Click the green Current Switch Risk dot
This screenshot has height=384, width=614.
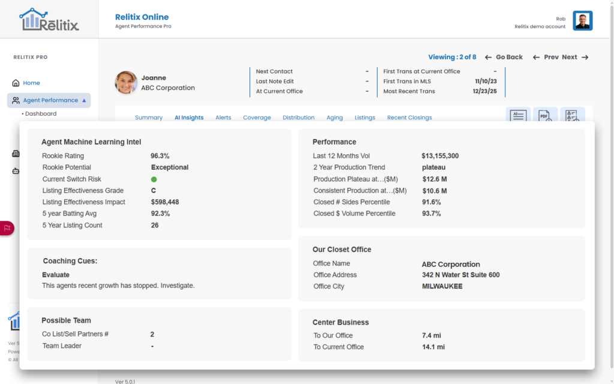click(x=154, y=179)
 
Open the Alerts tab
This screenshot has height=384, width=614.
click(x=223, y=118)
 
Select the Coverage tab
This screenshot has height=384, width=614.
click(x=257, y=118)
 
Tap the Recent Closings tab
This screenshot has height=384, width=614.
click(x=410, y=118)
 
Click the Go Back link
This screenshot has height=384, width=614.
click(x=504, y=57)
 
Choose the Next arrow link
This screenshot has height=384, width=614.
click(x=575, y=57)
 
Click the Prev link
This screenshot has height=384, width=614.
click(x=546, y=57)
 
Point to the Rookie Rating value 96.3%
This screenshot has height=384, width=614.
click(x=160, y=156)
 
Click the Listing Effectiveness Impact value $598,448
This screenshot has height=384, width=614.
click(x=165, y=202)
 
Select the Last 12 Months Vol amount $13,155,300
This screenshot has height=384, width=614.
click(x=440, y=156)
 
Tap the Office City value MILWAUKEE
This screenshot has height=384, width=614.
click(x=442, y=286)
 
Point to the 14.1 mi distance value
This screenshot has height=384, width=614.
click(x=433, y=347)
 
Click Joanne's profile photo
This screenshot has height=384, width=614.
click(x=126, y=83)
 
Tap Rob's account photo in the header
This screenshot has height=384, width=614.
click(x=582, y=21)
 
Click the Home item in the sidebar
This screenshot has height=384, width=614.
click(x=31, y=83)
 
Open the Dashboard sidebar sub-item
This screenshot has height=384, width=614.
click(x=41, y=113)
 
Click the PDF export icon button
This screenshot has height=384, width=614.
click(x=545, y=115)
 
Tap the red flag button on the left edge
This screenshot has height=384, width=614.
click(x=7, y=228)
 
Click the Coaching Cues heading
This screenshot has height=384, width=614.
click(x=70, y=261)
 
